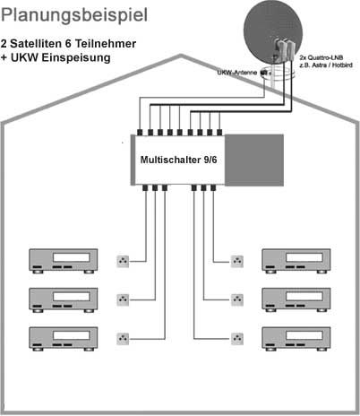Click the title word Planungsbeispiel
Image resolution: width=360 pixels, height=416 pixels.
click(x=74, y=15)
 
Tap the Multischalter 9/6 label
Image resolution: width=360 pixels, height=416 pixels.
click(x=178, y=160)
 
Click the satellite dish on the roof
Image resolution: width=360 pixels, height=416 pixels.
click(x=273, y=32)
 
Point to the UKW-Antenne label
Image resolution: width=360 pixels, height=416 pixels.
click(x=237, y=73)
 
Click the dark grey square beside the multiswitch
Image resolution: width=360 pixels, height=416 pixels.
click(x=254, y=160)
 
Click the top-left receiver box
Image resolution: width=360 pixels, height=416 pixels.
click(x=64, y=261)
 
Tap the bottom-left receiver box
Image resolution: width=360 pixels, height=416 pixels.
click(x=64, y=339)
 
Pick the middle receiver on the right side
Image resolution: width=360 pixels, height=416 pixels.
click(x=296, y=299)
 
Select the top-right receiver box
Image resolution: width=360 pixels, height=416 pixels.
click(x=296, y=261)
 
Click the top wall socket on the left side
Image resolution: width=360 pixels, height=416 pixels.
click(x=123, y=261)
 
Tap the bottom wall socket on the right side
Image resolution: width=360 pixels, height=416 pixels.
click(x=237, y=339)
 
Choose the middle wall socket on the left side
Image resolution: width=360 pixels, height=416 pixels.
click(x=123, y=299)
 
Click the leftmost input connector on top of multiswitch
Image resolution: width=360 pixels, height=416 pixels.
click(x=140, y=133)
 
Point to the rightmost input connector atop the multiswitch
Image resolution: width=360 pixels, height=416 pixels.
click(x=219, y=133)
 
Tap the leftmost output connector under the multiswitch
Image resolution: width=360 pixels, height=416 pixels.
click(x=145, y=188)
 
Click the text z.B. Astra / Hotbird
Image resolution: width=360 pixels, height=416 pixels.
click(x=326, y=65)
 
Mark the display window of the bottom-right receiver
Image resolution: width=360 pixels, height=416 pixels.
click(x=304, y=335)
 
